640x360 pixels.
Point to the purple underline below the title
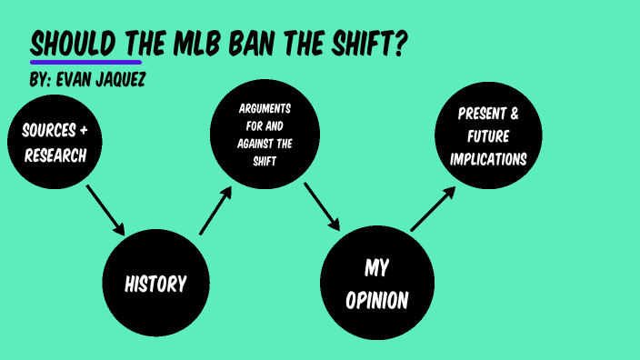coord(85,62)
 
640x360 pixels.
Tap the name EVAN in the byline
coord(73,81)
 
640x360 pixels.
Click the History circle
coord(155,284)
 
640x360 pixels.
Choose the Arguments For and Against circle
coord(265,134)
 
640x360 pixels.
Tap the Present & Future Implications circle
coord(488,136)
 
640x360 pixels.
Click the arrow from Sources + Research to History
coord(105,209)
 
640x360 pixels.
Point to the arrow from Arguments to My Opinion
coord(321,207)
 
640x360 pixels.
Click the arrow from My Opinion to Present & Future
coord(433,208)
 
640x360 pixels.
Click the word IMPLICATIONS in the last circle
coord(488,158)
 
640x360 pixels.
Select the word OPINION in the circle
coord(376,299)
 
